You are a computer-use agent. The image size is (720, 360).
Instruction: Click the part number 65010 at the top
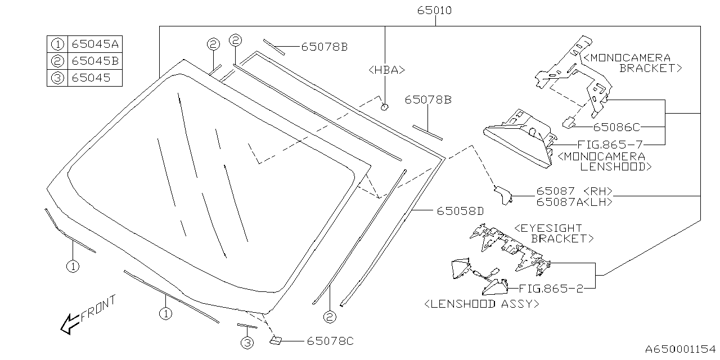pyautogui.click(x=434, y=11)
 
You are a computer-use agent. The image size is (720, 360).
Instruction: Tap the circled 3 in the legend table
pyautogui.click(x=57, y=78)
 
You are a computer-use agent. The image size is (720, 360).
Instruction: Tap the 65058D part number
pyautogui.click(x=460, y=211)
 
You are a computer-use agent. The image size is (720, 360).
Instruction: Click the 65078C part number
pyautogui.click(x=330, y=341)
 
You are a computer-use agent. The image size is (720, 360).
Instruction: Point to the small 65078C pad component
pyautogui.click(x=277, y=340)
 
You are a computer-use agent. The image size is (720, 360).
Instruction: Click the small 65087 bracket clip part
pyautogui.click(x=502, y=195)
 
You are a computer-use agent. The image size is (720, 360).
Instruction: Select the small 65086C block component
pyautogui.click(x=569, y=121)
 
